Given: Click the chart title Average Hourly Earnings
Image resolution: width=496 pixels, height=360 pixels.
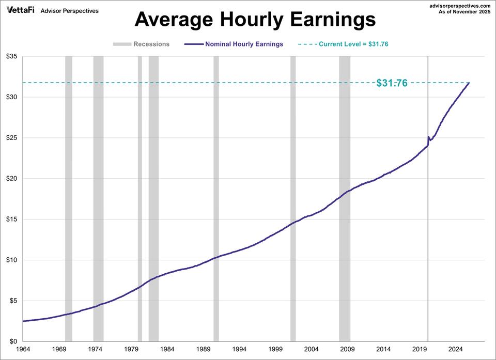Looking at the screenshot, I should (x=255, y=20).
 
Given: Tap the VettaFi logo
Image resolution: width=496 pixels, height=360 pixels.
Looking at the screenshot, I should (x=21, y=10).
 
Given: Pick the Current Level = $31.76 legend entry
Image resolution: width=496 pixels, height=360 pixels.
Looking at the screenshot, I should (x=353, y=44).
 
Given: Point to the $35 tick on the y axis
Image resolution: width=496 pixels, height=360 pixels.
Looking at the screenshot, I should (x=11, y=56).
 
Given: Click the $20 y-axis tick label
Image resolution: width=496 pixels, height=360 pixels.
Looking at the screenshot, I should (x=11, y=179).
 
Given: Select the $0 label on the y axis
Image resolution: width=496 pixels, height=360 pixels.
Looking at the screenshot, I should (x=13, y=341).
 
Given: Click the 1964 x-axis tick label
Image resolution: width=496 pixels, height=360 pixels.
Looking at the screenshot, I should (x=23, y=350).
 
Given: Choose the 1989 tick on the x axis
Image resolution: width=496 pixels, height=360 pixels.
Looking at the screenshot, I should (x=204, y=350).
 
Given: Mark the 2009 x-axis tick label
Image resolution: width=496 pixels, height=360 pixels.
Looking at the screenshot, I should (x=348, y=350).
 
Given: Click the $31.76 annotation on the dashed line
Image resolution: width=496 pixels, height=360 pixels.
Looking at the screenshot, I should (x=392, y=83).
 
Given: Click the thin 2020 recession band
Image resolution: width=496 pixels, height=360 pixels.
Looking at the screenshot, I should (x=427, y=232).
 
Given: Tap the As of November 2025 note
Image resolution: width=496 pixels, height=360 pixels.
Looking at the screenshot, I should (x=464, y=11).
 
